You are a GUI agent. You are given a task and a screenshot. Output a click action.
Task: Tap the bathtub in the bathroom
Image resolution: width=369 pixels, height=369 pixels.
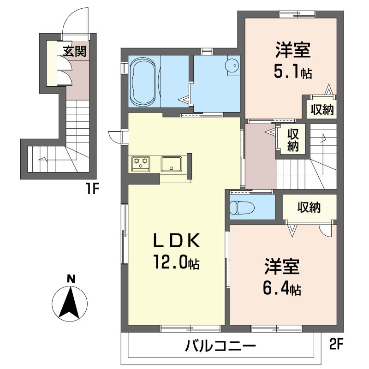coord(143,81)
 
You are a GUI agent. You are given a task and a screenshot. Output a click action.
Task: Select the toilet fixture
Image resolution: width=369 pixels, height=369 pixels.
coord(242,207)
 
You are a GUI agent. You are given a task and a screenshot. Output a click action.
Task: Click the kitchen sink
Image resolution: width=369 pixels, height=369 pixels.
coord(171,164)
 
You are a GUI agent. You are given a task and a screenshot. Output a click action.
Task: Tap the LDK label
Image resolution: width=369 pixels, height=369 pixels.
coord(177,240)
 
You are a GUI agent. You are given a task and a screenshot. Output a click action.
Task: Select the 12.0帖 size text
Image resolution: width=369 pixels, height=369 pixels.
coord(176,262)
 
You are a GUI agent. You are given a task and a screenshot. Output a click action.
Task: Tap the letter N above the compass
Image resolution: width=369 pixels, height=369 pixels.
coord(71,279)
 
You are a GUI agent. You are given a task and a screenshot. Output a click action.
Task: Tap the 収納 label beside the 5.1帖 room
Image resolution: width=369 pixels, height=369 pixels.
coord(322,109)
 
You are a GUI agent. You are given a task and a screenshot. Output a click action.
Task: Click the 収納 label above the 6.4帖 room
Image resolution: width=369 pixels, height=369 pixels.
coord(309,207)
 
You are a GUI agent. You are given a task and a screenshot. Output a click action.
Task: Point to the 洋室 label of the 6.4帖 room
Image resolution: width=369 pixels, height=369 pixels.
coord(282,267)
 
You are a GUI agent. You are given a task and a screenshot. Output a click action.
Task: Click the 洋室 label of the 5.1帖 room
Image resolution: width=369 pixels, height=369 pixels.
coord(293,50)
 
